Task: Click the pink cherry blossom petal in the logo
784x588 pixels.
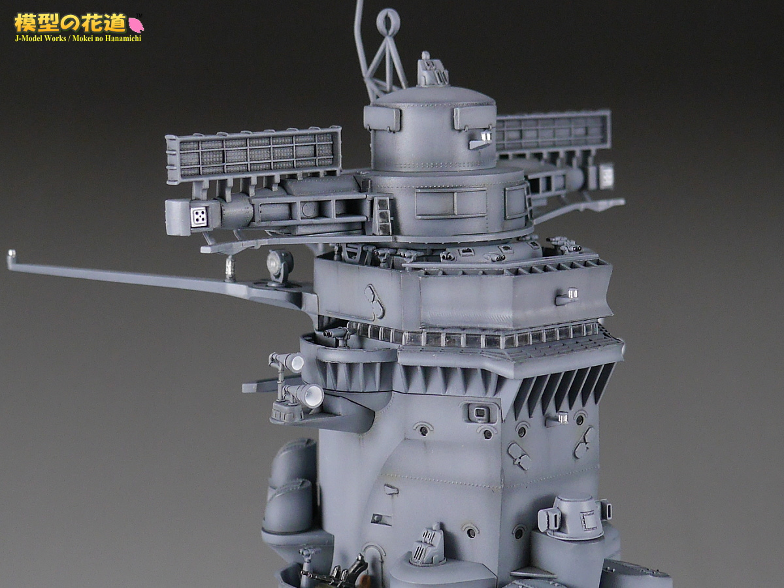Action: (x=136, y=25)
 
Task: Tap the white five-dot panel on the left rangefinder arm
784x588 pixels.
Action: (x=199, y=216)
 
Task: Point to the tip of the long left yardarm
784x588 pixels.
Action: (x=10, y=253)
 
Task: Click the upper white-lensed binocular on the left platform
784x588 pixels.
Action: (x=286, y=362)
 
